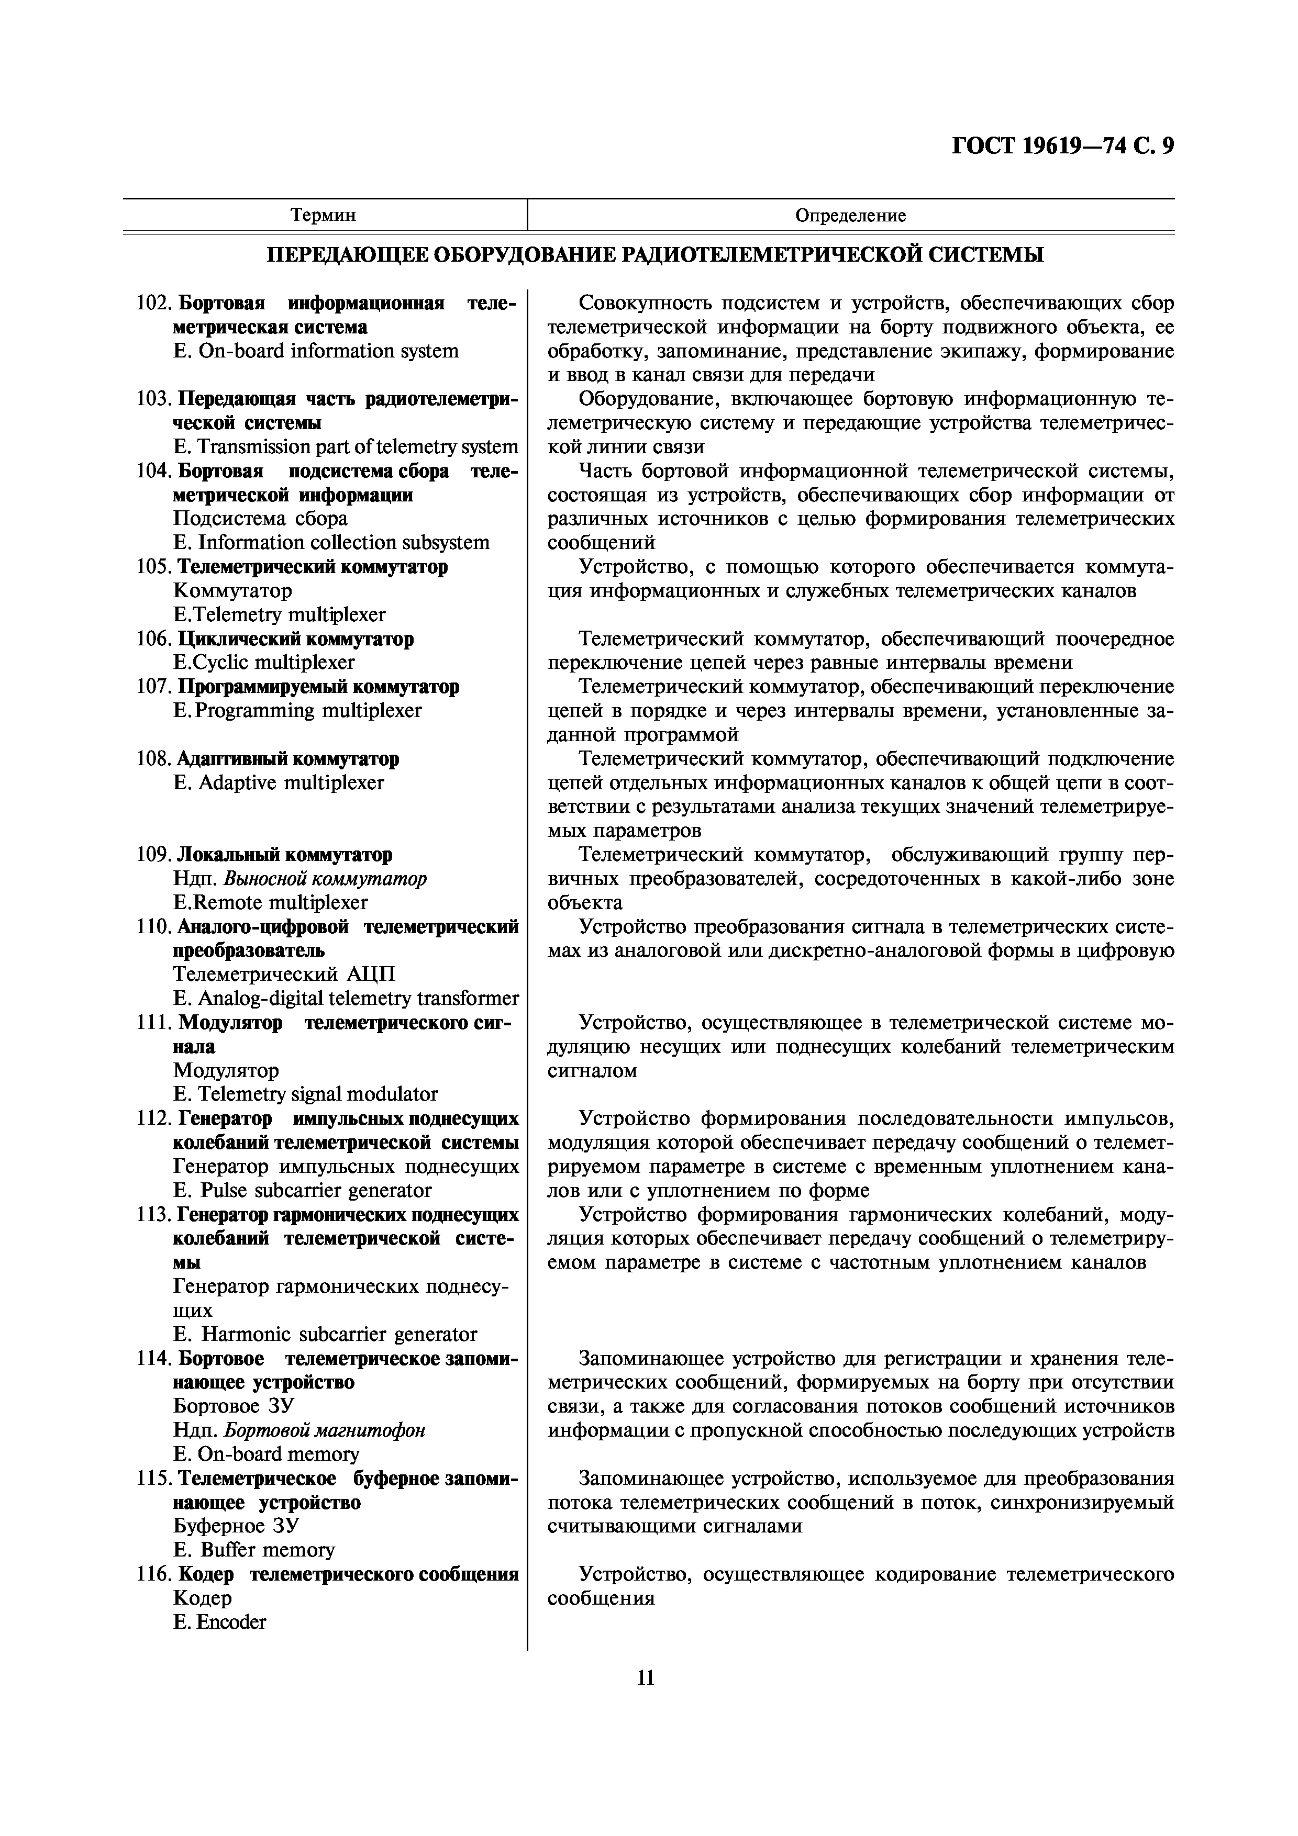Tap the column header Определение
coord(850,215)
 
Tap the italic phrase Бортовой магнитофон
coord(324,1430)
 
